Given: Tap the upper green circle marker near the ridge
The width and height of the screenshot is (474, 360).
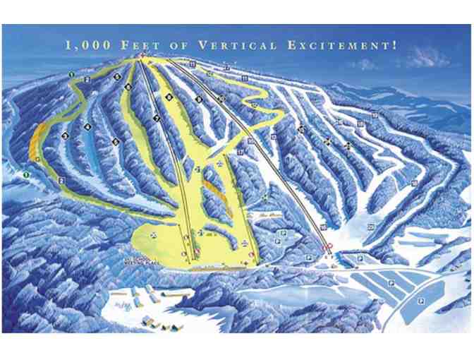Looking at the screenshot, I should tap(72, 73).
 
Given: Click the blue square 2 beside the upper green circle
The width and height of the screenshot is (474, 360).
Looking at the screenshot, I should tap(87, 80).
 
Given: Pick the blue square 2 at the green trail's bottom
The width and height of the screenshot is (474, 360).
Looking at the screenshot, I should tap(62, 181).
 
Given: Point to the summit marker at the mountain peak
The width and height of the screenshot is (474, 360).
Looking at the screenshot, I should tap(142, 56).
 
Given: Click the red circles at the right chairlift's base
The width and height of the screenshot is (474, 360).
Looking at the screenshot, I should tap(327, 248).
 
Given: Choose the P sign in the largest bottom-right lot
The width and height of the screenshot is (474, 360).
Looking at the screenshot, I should tap(420, 301).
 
